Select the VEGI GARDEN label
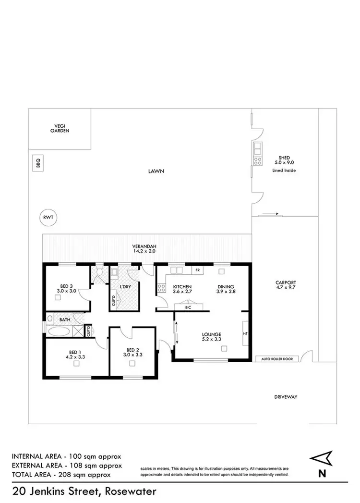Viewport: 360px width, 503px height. tap(60, 128)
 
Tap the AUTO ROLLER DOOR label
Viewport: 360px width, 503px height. tap(277, 359)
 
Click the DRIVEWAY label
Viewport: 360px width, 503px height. tap(286, 397)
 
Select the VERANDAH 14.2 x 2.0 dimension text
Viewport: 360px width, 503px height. tap(144, 251)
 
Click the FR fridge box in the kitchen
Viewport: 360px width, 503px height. tap(197, 270)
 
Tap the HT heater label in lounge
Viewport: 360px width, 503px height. tap(245, 333)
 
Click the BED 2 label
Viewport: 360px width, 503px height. tap(132, 349)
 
